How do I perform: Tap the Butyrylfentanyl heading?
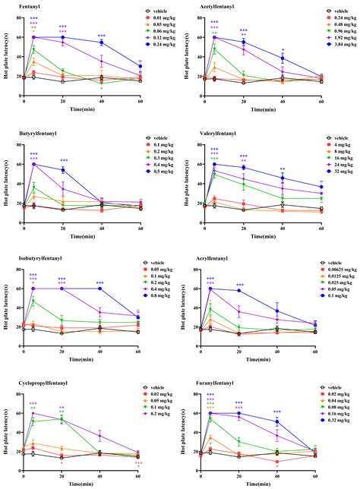22,134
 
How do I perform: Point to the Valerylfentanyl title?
207,134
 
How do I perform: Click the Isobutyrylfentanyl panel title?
27,259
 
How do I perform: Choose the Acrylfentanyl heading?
205,259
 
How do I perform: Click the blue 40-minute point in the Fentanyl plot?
101,43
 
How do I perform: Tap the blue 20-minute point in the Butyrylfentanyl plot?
63,170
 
